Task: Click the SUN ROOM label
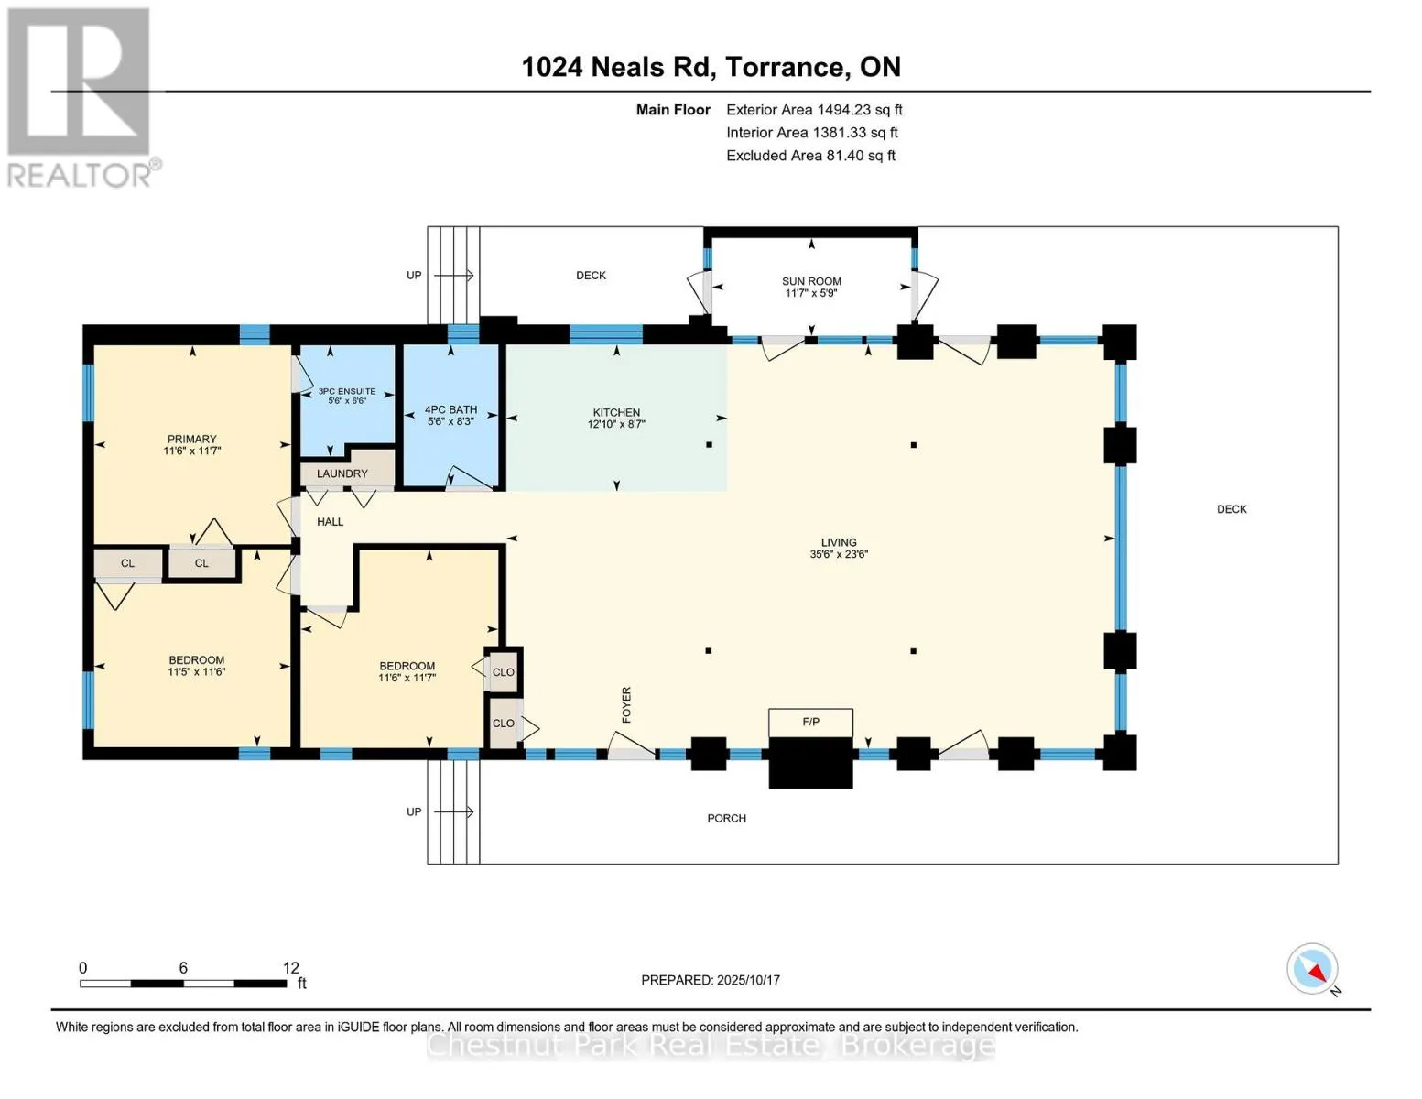coord(811,281)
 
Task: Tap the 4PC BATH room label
coord(450,409)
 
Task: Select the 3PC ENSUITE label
coord(347,391)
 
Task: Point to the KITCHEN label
coord(616,412)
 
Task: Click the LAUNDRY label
coord(342,473)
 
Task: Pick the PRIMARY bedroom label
coord(191,440)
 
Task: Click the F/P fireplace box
coord(810,723)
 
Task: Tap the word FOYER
coord(626,705)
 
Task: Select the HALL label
coord(330,522)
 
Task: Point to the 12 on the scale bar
coord(291,968)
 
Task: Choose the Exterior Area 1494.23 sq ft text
coord(814,110)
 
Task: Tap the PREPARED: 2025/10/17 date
coord(711,980)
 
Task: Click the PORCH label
coord(726,818)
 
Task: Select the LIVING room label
coord(839,542)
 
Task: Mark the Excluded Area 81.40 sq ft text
coord(810,156)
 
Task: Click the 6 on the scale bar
coord(183,968)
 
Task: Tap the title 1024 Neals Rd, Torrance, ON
coord(711,67)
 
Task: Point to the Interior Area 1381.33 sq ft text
coord(811,133)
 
